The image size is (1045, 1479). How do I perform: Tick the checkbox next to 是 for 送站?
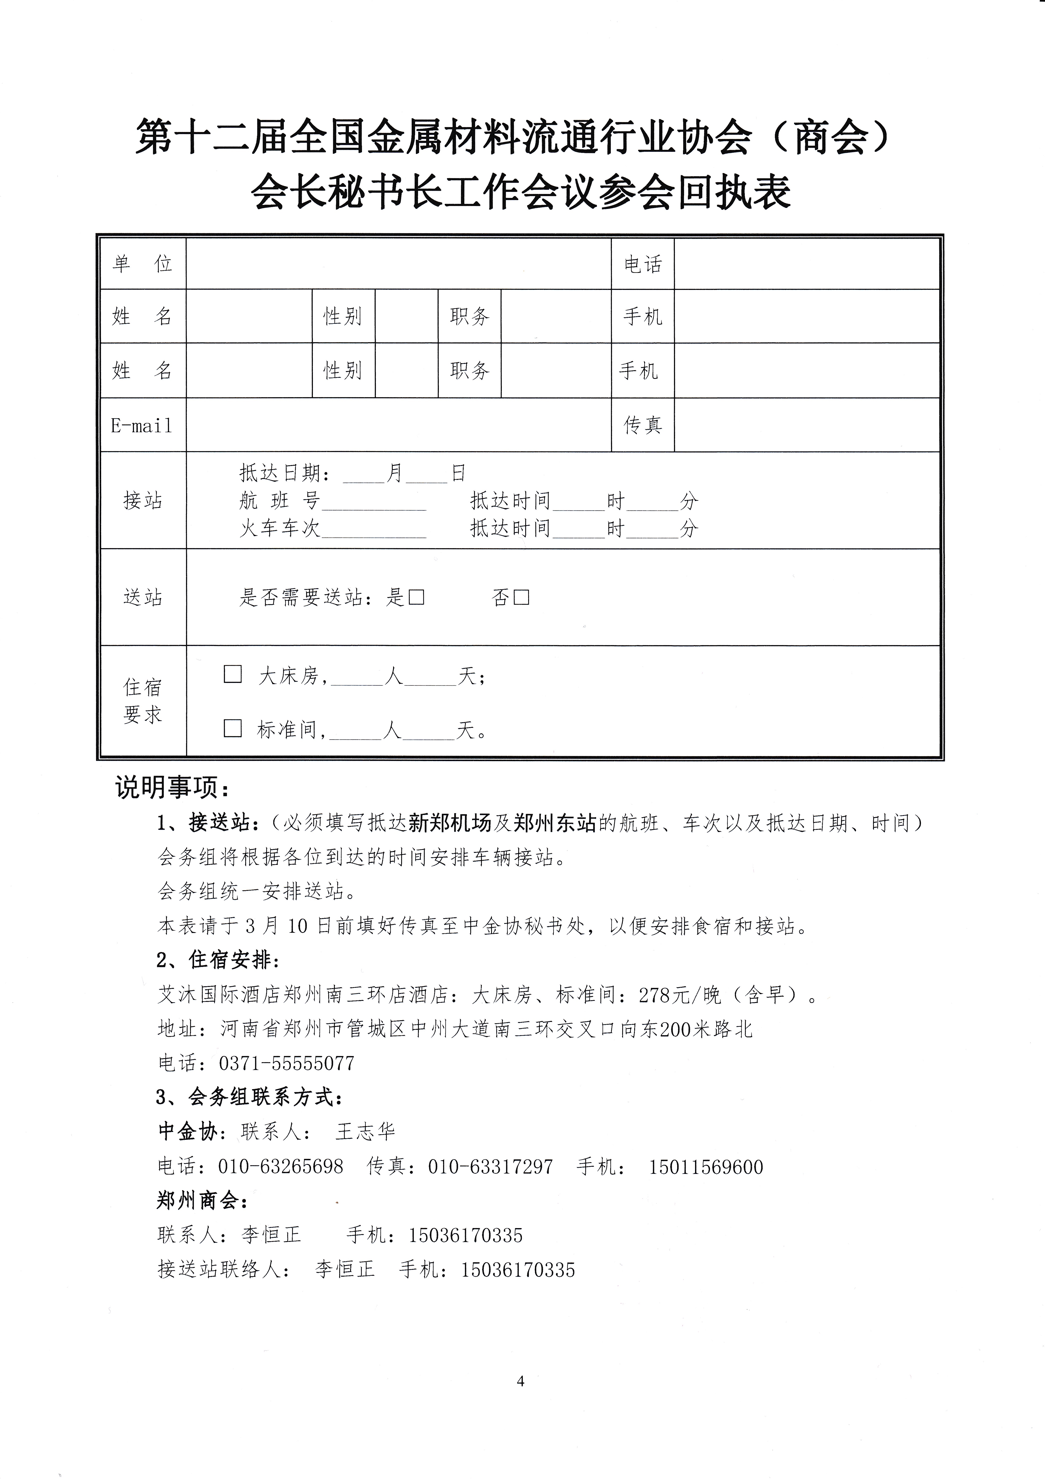pos(417,597)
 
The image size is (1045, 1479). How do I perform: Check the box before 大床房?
pos(232,674)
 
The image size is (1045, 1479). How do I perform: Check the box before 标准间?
pos(232,729)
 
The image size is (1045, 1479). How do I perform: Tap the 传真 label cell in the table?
pos(643,425)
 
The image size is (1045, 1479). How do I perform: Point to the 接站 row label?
pos(142,501)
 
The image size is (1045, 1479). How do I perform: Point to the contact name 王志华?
pos(365,1132)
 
